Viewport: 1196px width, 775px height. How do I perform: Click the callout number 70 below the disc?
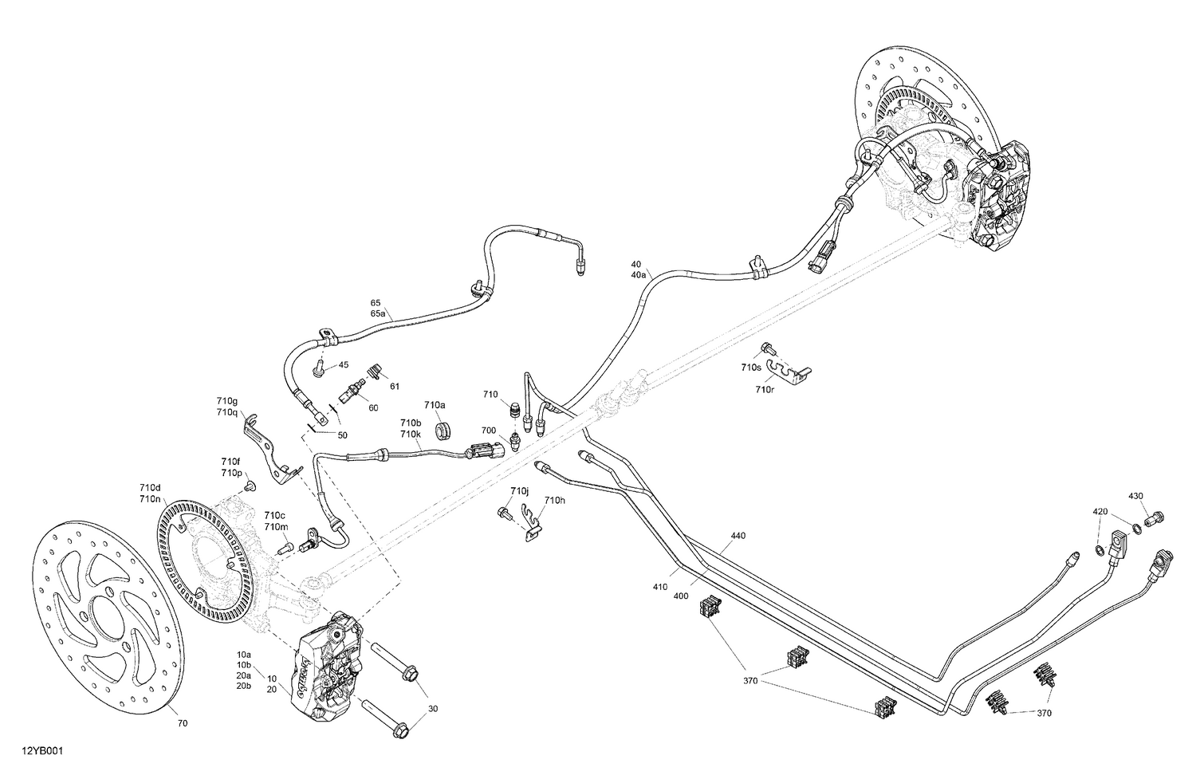click(183, 724)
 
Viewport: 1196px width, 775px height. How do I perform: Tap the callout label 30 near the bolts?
click(433, 709)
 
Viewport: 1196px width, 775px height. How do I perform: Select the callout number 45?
click(344, 365)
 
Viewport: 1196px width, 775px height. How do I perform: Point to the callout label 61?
click(395, 387)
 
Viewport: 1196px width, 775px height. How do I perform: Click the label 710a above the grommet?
click(435, 405)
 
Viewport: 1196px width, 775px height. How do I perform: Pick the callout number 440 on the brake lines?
click(738, 536)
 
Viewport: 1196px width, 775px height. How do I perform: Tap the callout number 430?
click(1135, 497)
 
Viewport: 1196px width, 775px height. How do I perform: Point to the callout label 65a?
click(377, 314)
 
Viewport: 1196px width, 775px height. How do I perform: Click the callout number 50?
click(343, 435)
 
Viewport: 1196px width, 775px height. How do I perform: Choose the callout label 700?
click(489, 431)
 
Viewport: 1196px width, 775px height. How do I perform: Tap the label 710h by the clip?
click(554, 500)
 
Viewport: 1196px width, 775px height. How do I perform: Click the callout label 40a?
click(638, 275)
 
